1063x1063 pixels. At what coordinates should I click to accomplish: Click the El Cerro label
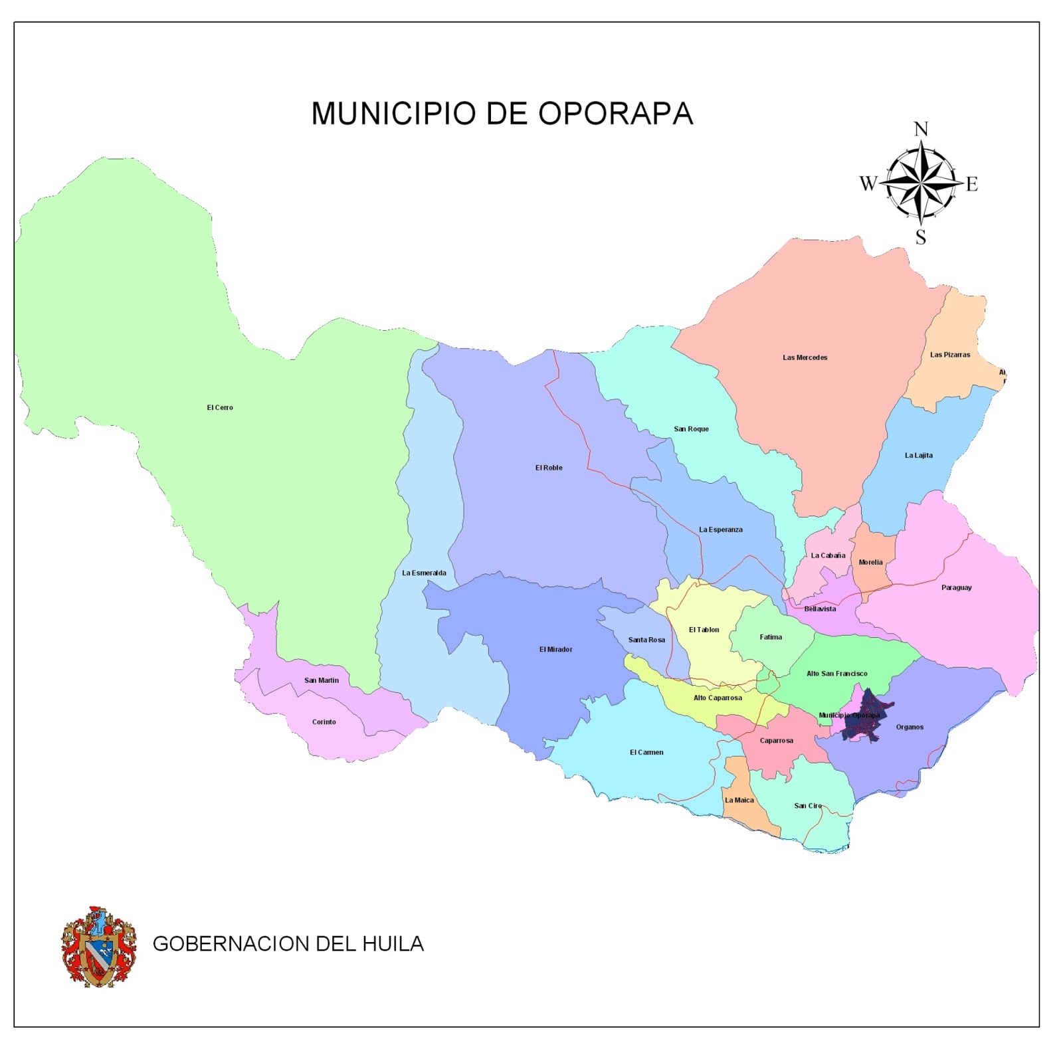click(220, 407)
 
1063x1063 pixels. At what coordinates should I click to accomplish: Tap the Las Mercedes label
click(805, 357)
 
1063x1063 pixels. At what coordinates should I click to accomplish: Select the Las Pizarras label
click(949, 355)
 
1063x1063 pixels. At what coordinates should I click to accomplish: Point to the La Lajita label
click(918, 456)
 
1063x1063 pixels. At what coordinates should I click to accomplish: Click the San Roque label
click(691, 429)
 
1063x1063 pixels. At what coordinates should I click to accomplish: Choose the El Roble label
click(549, 468)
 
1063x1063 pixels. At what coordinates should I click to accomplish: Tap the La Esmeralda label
click(424, 573)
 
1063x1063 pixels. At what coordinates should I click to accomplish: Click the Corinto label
click(324, 722)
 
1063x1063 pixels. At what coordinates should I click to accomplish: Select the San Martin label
click(322, 680)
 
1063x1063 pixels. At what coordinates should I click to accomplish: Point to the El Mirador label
click(555, 650)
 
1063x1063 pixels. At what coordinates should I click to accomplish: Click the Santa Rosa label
click(646, 640)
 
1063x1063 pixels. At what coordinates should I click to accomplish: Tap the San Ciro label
click(808, 806)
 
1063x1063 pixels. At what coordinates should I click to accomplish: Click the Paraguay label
click(956, 588)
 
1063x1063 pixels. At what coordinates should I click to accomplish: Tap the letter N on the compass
click(921, 129)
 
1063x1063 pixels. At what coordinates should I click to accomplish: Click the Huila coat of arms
click(99, 946)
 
